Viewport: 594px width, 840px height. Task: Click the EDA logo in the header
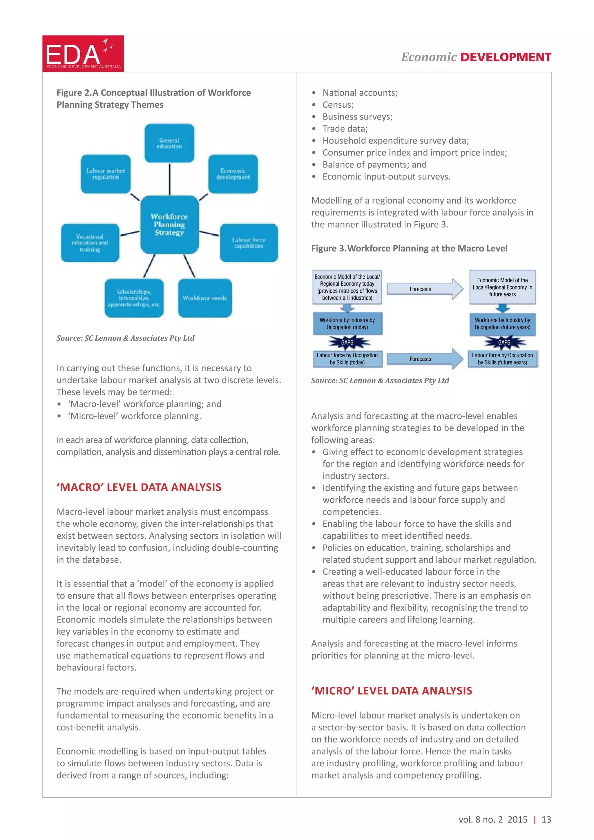[83, 53]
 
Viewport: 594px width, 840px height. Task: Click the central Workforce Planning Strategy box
[169, 224]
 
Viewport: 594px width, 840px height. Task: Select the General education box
[169, 143]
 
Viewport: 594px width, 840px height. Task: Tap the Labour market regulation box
[106, 174]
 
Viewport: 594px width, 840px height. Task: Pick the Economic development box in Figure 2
[233, 174]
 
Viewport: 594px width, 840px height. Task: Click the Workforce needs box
[205, 298]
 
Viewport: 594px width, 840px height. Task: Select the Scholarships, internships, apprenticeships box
[134, 298]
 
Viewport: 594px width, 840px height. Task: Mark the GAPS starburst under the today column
[347, 343]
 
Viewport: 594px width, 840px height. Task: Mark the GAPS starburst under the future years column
[504, 343]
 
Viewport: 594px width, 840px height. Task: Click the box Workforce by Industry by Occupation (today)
[347, 324]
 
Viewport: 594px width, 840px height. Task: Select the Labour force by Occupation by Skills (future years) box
[503, 359]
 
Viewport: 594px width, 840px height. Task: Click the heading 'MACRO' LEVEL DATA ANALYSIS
[139, 487]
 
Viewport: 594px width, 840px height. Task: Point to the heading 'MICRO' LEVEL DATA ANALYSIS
[392, 691]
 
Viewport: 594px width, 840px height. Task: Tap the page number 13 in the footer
[546, 819]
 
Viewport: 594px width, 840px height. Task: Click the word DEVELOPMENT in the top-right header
[506, 57]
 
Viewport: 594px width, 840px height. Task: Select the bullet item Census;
[338, 105]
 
